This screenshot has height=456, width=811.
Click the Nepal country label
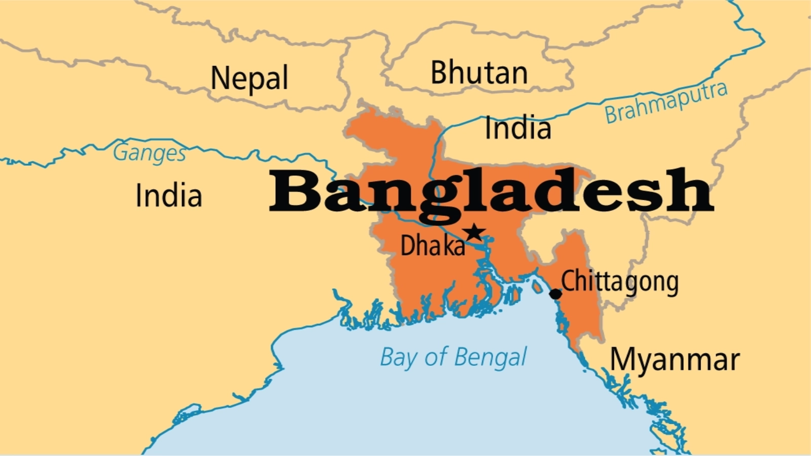pos(249,79)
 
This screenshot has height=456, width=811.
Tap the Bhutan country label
pos(479,72)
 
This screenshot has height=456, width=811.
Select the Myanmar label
pos(675,360)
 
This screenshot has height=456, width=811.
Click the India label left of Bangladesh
pos(169,196)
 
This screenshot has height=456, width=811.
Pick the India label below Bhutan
pos(518,128)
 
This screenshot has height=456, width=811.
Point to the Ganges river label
pos(150,153)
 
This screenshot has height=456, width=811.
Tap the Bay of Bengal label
pos(454,357)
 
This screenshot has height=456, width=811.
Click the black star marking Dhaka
pos(474,233)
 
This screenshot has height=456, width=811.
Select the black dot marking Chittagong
pos(556,294)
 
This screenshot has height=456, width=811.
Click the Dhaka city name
pos(432,246)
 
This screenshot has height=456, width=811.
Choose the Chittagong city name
pos(620,282)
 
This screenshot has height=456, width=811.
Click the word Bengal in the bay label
pos(490,358)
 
